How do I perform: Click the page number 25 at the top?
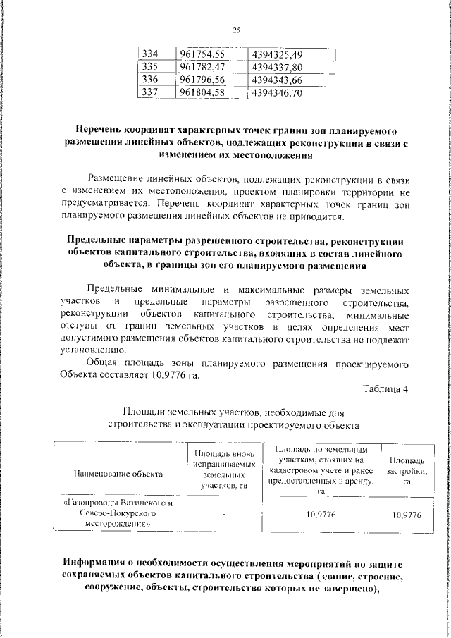coord(236,29)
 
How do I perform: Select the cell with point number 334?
coord(149,54)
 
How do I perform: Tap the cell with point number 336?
coord(149,80)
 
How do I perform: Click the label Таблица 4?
coord(385,388)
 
